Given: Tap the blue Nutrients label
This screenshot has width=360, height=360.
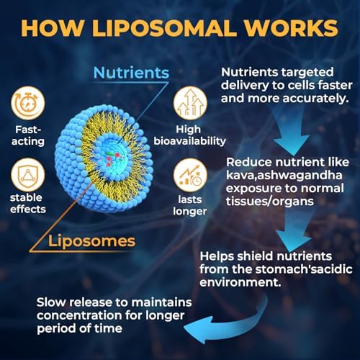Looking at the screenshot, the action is pyautogui.click(x=131, y=73).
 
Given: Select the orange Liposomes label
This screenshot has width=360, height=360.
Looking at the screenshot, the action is pyautogui.click(x=91, y=241).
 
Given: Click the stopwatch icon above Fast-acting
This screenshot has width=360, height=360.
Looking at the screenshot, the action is pyautogui.click(x=28, y=103).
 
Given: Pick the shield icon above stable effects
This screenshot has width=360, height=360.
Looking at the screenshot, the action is pyautogui.click(x=28, y=175).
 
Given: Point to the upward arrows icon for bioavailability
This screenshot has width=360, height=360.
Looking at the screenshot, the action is pyautogui.click(x=190, y=103).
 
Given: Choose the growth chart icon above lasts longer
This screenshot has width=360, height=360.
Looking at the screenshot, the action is pyautogui.click(x=190, y=175).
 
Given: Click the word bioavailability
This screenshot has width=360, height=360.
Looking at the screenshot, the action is pyautogui.click(x=189, y=141).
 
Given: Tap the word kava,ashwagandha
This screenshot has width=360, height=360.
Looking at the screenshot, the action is pyautogui.click(x=284, y=176).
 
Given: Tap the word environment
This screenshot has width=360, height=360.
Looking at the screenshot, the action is pyautogui.click(x=240, y=282).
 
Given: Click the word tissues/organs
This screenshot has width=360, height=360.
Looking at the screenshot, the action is pyautogui.click(x=270, y=201).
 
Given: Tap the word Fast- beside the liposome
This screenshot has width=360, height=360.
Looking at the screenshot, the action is pyautogui.click(x=28, y=130).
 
